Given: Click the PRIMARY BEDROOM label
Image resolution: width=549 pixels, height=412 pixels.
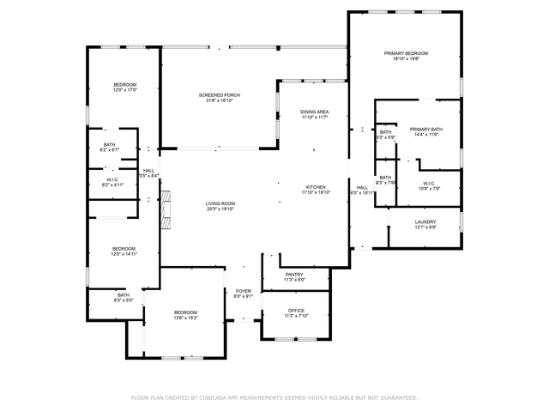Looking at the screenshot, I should coord(405,53).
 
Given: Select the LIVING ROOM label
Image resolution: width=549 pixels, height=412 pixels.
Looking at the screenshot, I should coord(220,203).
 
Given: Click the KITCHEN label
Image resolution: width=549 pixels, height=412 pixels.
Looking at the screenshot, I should coord(315,187).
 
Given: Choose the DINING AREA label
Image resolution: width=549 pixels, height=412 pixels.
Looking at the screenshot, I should coord(315,112).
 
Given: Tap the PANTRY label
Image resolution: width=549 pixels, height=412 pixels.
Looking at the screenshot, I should coord(295,274).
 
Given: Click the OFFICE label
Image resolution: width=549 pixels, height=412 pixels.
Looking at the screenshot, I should coord(296,310).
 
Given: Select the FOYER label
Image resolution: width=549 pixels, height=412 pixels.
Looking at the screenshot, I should coord(244,291).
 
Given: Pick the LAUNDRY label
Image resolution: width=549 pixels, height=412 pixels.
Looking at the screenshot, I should coord(425,221).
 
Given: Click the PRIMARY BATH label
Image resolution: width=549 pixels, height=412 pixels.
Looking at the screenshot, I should coord(426,129).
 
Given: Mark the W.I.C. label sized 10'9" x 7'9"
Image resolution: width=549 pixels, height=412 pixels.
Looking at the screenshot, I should coord(429,188).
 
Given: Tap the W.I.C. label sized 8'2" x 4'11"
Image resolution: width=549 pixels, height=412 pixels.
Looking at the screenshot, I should coord(113,185).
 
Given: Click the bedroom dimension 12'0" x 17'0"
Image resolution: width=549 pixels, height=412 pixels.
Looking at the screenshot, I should coord(125,89).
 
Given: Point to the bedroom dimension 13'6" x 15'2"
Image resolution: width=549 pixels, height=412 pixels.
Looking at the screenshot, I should coord(186,318).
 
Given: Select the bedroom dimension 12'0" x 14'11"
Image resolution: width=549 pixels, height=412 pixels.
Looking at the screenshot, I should coord(124,254).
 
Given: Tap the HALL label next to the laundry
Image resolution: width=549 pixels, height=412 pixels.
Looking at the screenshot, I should coord(362,187).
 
